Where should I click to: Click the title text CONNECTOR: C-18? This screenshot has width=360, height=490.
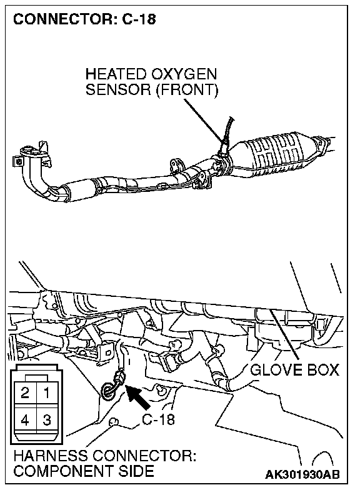(x=84, y=19)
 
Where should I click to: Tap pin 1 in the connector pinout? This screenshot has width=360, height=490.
(x=47, y=392)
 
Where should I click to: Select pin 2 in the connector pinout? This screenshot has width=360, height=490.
(x=25, y=392)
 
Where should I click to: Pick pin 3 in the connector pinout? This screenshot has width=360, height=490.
(x=47, y=420)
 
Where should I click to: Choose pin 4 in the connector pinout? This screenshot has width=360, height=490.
(x=25, y=420)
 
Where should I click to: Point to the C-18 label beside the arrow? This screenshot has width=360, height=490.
(x=158, y=419)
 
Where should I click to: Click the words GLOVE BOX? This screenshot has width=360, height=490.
(x=294, y=370)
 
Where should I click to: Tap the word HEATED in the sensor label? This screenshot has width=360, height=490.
(x=116, y=74)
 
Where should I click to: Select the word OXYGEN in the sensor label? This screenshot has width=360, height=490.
(x=184, y=74)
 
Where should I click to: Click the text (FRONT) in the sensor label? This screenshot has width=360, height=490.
(x=187, y=90)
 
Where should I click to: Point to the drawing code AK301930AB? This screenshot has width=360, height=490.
(x=302, y=474)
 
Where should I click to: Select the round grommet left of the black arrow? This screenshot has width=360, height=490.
(x=108, y=391)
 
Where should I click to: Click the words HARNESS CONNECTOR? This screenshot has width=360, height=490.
(x=105, y=456)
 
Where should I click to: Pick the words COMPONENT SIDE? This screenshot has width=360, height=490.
(x=84, y=471)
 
